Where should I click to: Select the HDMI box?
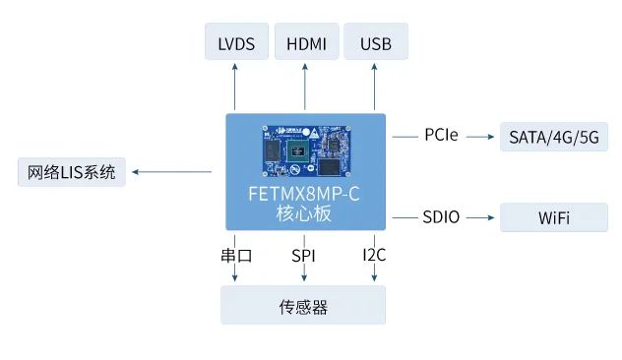point(305,44)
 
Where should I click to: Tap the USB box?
point(375,44)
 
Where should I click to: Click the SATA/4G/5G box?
point(553,136)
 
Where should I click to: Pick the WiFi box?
point(553,217)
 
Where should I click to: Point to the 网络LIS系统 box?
point(73,173)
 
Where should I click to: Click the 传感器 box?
point(303,307)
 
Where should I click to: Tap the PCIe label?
point(441,136)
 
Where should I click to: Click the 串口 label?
point(237,256)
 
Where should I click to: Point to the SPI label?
point(303,256)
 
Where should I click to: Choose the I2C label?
point(374,256)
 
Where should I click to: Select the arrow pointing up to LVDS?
point(235,87)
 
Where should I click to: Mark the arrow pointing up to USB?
point(375,87)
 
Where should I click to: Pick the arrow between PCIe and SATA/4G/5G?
point(479,136)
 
